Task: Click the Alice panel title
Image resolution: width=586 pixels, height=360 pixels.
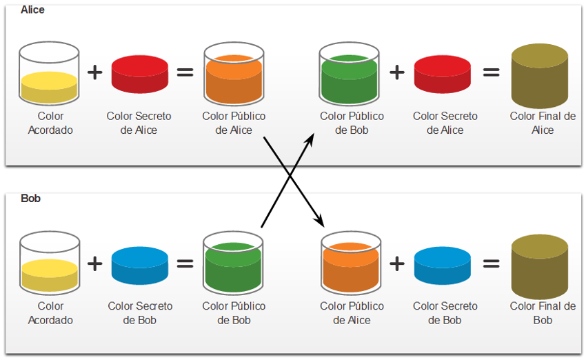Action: [32, 10]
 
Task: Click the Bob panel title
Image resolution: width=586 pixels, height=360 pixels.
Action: [30, 198]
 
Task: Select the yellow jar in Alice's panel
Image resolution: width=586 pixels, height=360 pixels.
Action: [49, 73]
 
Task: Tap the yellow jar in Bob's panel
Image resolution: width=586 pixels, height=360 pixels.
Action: [50, 263]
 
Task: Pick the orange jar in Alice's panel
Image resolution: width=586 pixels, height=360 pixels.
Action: [234, 74]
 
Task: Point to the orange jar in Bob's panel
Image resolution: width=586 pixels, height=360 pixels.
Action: [351, 263]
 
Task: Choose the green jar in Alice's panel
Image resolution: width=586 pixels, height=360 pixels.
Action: [349, 74]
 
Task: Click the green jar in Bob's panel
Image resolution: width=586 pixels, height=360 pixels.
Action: [233, 263]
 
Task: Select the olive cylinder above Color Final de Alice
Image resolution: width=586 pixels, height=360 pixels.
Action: [540, 76]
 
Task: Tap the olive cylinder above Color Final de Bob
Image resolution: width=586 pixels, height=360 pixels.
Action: [540, 266]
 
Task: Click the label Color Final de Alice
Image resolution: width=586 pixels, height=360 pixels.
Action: [543, 123]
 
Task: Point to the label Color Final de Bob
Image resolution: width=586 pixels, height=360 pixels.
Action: [543, 313]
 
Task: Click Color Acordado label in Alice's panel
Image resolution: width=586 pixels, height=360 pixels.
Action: [50, 123]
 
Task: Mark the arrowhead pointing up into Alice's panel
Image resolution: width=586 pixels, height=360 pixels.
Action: [310, 139]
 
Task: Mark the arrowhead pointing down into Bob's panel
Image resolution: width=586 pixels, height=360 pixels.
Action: [320, 221]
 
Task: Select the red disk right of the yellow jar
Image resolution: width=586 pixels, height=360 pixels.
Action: [140, 74]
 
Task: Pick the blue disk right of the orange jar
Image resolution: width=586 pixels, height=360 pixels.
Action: [443, 266]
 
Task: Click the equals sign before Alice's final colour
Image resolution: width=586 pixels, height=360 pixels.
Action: [491, 72]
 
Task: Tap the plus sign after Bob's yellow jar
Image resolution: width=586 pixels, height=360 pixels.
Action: [95, 263]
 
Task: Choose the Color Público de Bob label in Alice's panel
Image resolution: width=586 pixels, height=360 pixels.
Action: [352, 123]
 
